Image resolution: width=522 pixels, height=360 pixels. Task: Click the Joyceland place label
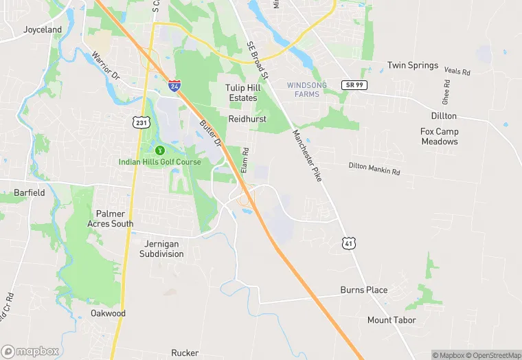coord(43,30)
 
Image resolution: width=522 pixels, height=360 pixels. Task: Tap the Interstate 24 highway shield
coord(175,87)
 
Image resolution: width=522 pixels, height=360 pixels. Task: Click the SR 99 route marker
coord(354,85)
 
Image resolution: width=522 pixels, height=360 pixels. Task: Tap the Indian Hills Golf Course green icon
coord(160,150)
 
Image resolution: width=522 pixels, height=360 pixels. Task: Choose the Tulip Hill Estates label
coord(242,93)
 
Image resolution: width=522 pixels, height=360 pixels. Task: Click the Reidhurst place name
coord(247,119)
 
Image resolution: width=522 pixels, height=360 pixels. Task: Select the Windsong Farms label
coord(307,89)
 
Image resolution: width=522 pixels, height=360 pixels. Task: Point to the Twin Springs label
coord(413,65)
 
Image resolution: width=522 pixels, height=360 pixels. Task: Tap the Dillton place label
coord(444,116)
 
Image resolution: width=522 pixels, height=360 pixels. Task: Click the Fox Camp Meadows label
coord(439,137)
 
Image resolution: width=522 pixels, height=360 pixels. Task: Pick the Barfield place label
coord(30,193)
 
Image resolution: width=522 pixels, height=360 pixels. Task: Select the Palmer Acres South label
coord(111,218)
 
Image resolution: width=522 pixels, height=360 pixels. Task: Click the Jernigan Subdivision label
coord(162,249)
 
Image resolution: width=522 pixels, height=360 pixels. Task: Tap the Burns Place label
coord(364,290)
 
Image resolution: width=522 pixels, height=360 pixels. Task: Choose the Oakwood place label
coord(109,313)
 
